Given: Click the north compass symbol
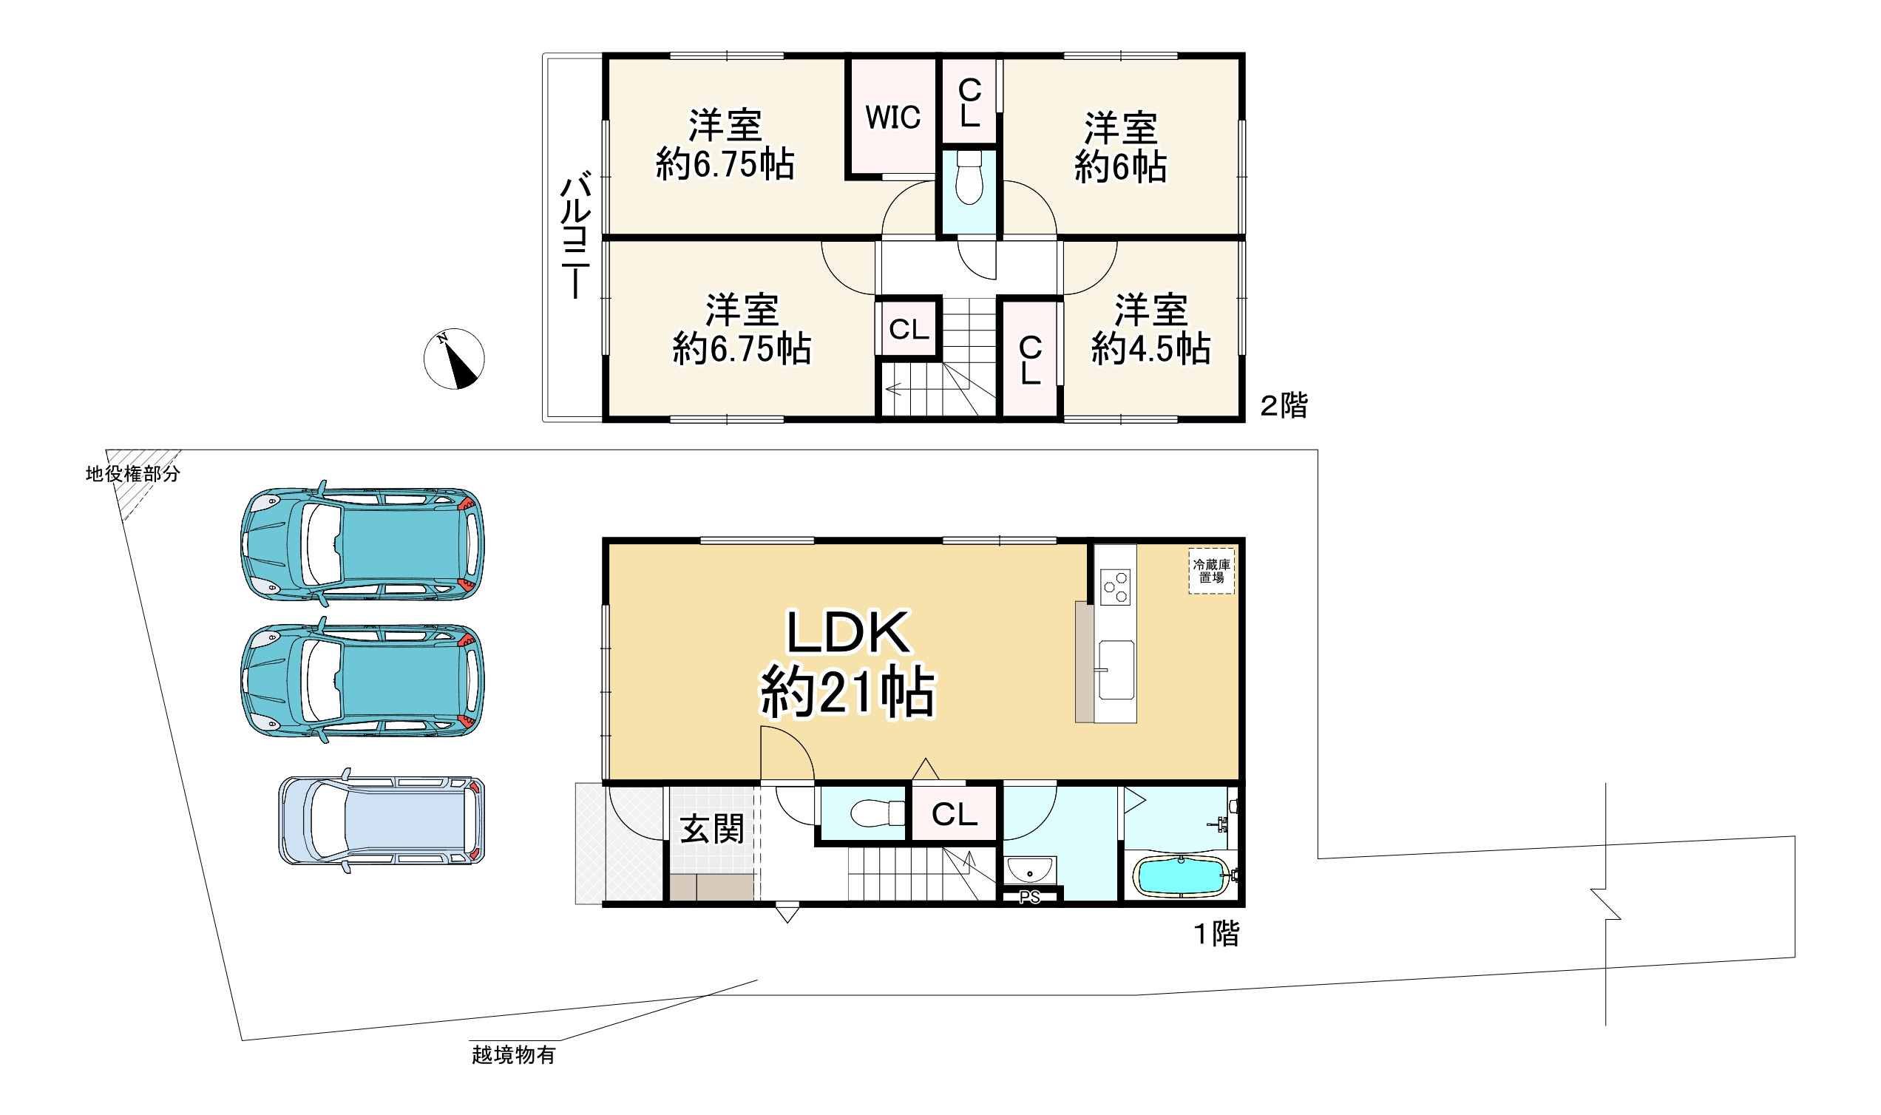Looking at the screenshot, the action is (454, 359).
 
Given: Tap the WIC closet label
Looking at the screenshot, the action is (892, 118).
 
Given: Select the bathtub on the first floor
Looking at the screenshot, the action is (1181, 876).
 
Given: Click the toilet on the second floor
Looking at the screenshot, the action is (969, 177).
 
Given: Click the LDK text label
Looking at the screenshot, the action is (848, 633).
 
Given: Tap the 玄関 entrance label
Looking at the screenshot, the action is (712, 830).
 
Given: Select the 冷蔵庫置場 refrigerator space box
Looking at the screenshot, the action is (1211, 571).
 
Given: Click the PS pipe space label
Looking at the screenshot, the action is (1030, 897).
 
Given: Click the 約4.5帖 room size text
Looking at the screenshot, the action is (1150, 349).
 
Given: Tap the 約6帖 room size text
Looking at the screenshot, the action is (1120, 167).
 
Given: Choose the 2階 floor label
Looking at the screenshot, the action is (1284, 407).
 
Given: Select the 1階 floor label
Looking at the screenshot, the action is (1217, 934).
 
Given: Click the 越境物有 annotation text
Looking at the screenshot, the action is (514, 1056).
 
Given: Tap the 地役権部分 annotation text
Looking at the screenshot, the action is (133, 474).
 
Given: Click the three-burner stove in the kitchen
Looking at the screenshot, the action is (1115, 587).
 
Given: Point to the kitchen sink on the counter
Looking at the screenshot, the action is (1116, 669).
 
